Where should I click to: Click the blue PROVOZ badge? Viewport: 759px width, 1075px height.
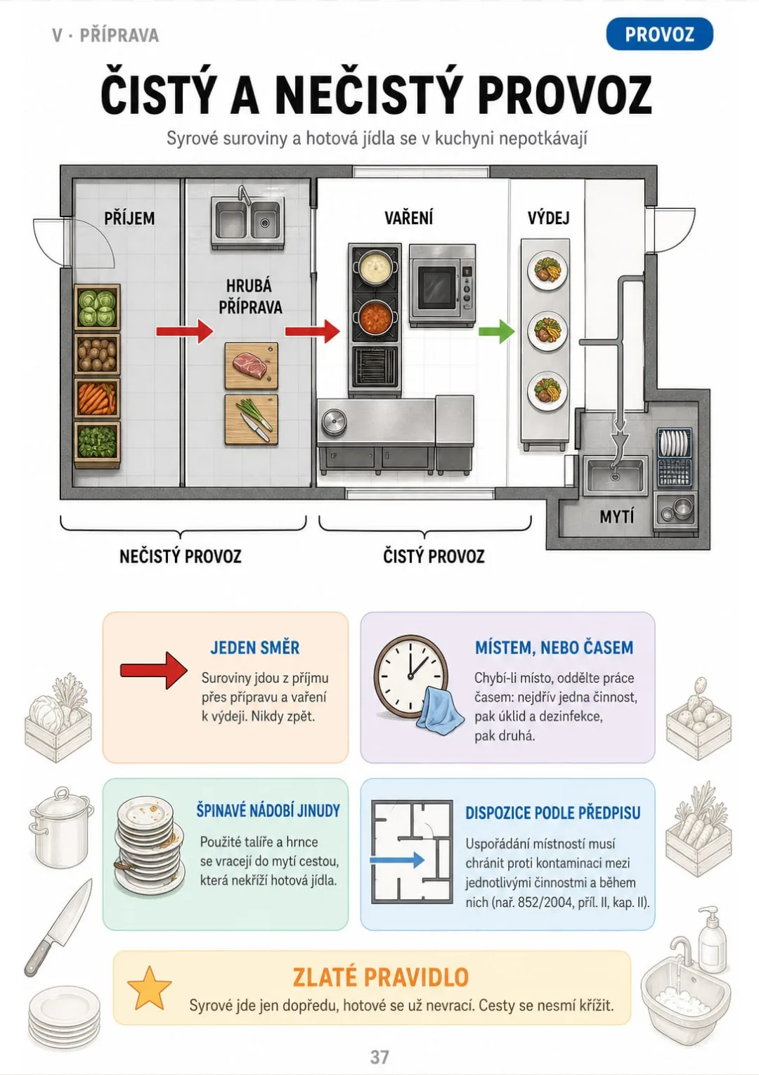tap(659, 34)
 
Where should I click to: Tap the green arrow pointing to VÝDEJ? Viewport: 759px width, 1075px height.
tap(497, 331)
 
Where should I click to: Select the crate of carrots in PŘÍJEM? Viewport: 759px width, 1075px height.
tap(97, 398)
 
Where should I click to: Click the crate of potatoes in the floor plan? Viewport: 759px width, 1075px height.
tap(97, 354)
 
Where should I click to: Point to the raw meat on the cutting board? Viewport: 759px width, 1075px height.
tap(249, 365)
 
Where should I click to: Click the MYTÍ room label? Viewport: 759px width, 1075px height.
tap(616, 517)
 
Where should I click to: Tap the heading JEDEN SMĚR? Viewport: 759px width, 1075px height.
tap(255, 648)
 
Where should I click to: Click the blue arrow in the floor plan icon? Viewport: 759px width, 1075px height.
tap(397, 860)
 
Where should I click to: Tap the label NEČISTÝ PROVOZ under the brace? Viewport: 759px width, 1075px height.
tap(181, 556)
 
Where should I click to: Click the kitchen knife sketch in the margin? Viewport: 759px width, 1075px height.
tap(58, 927)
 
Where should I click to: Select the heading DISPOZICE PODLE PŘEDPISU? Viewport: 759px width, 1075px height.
tap(552, 813)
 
